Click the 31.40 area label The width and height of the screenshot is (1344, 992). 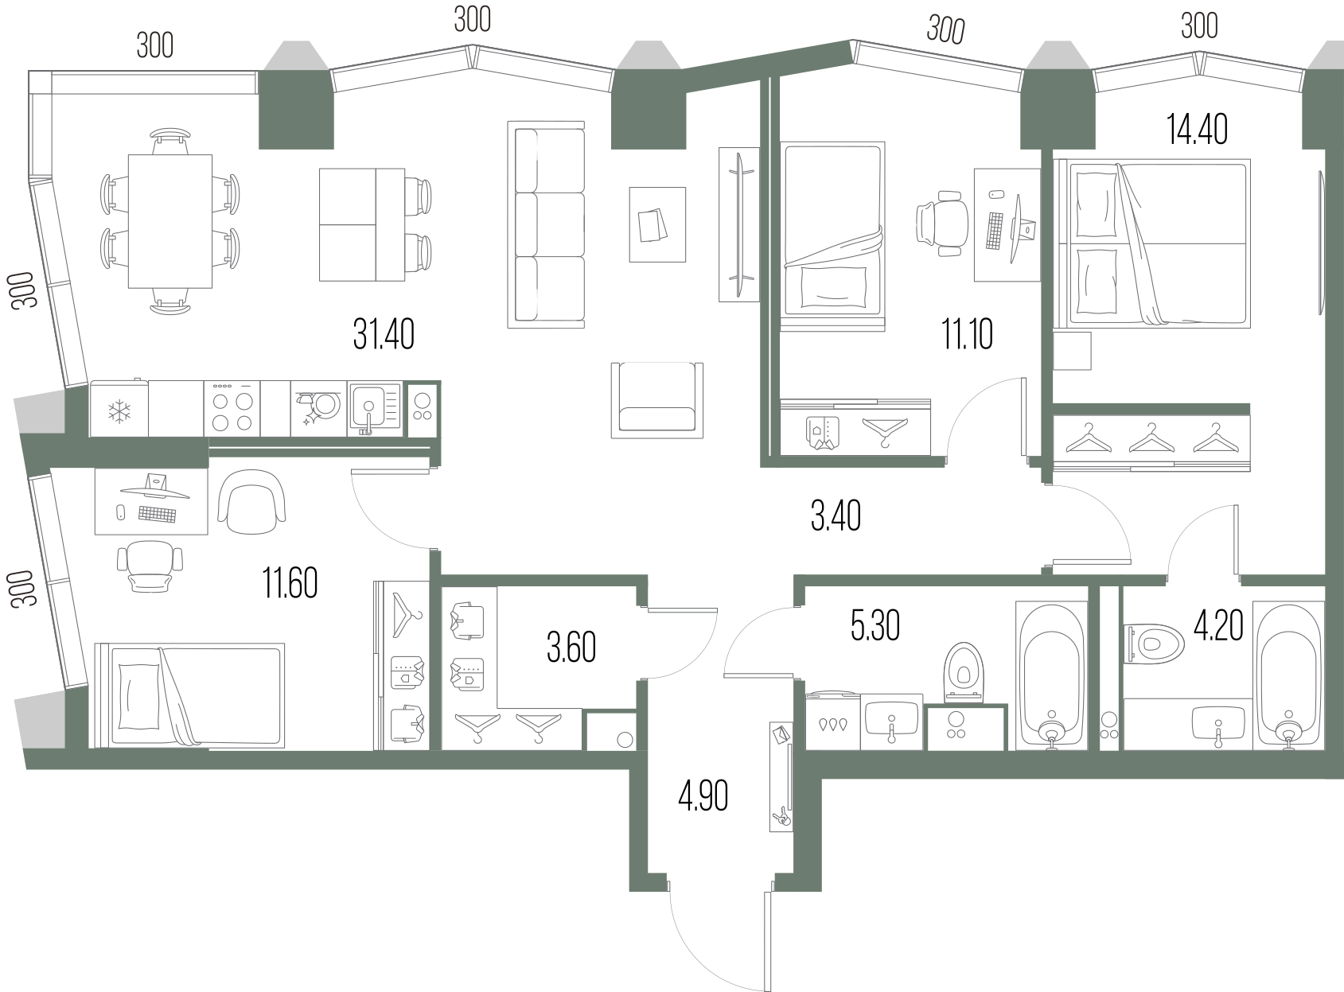point(384,334)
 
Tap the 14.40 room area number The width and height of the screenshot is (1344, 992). point(1197,130)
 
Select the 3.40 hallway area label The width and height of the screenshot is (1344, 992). point(836,516)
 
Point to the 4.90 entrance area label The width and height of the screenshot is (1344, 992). point(703,796)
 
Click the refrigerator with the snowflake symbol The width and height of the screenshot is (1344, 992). point(119,408)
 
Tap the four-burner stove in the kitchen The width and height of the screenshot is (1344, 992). point(232,408)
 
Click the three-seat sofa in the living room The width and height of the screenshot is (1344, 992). point(546,225)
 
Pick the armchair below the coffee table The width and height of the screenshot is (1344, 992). point(656,401)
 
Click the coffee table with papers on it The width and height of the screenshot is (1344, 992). point(657,224)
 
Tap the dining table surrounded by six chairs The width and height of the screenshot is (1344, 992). point(170,221)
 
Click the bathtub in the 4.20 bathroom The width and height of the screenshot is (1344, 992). point(1288,675)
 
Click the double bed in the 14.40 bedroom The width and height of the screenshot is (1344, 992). point(1152,243)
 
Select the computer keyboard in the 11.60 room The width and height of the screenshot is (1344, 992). point(157,514)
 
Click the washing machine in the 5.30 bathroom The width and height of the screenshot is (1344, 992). point(832,721)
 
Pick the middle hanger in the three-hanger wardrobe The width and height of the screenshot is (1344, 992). point(1151,439)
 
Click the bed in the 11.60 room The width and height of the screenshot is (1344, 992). point(189,695)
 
